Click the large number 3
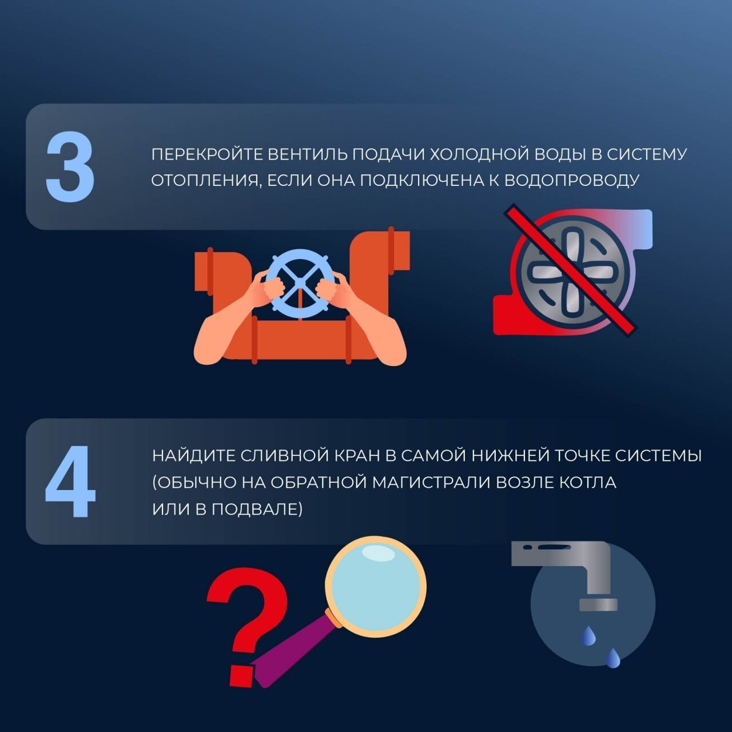click(x=70, y=167)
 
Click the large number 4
click(x=70, y=481)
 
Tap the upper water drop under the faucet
click(x=588, y=636)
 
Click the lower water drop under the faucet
click(x=613, y=658)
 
